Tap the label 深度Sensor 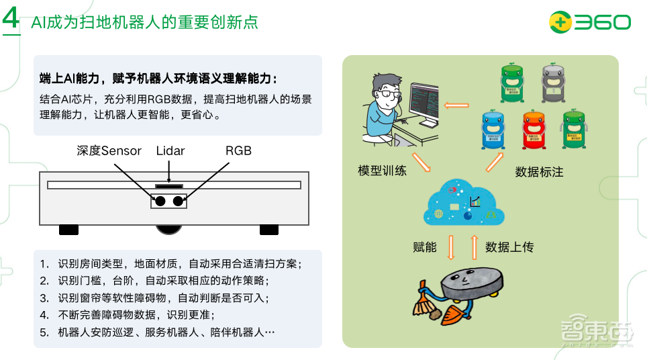109,151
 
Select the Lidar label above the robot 170,151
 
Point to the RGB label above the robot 238,151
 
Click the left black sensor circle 160,200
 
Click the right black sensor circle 179,200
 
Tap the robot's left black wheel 68,230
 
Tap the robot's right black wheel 268,230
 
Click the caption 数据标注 539,172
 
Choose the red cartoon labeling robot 535,128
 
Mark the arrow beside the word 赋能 451,246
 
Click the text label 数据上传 509,247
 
